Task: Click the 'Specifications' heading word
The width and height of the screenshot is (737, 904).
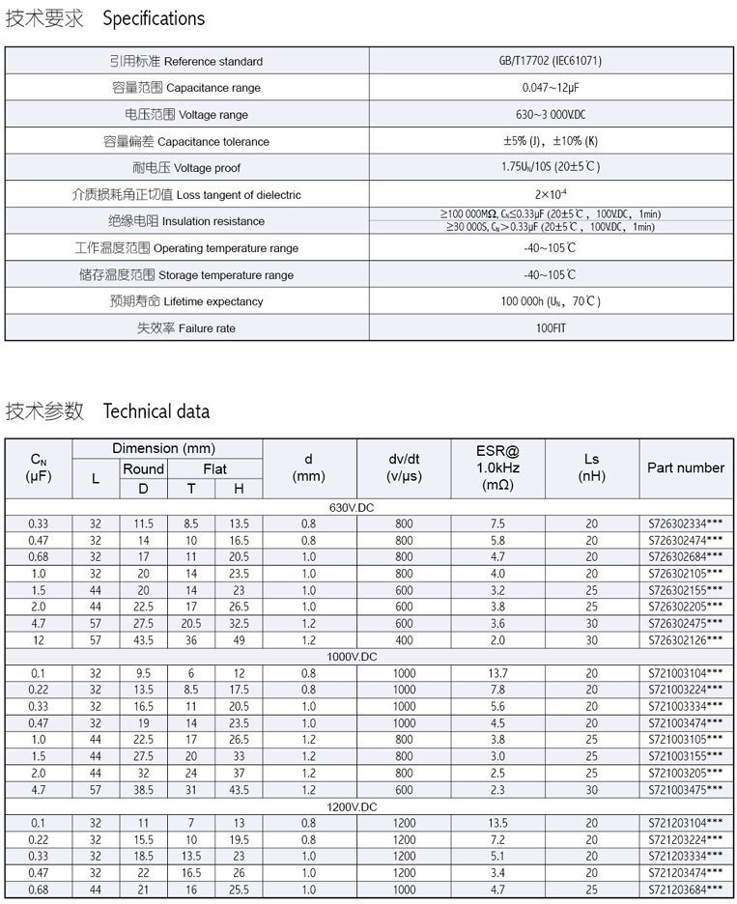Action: [154, 18]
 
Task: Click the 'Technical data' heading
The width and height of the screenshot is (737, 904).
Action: [156, 411]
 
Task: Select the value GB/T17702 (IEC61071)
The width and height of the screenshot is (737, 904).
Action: [551, 61]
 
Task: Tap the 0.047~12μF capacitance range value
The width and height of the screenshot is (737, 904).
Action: [551, 88]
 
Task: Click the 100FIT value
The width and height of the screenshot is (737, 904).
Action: [551, 328]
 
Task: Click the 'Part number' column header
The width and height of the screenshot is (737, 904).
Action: [686, 467]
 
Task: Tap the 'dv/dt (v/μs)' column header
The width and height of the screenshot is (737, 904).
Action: [404, 467]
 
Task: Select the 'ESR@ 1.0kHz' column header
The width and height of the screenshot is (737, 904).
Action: [497, 467]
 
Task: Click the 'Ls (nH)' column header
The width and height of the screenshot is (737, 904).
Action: [591, 467]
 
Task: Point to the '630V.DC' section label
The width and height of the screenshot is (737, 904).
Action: [353, 507]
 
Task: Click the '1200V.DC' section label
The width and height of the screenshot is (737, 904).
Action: [353, 806]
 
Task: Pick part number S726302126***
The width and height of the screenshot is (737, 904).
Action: [686, 640]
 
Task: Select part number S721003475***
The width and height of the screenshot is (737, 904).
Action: [686, 790]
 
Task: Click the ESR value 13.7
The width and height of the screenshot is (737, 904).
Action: [497, 673]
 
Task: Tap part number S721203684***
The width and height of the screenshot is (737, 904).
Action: [686, 890]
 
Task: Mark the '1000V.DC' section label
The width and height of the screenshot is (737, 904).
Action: [353, 657]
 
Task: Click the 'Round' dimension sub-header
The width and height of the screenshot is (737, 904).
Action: [143, 468]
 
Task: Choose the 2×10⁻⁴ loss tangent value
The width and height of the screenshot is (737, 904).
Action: [551, 194]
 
